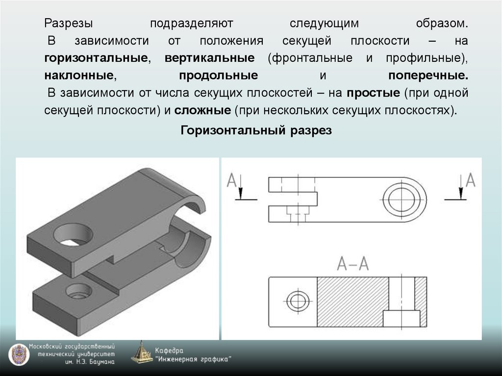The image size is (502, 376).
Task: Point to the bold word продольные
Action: [x=219, y=76]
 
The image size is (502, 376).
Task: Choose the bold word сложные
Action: [x=201, y=110]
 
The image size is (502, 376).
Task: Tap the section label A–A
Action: [x=353, y=264]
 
